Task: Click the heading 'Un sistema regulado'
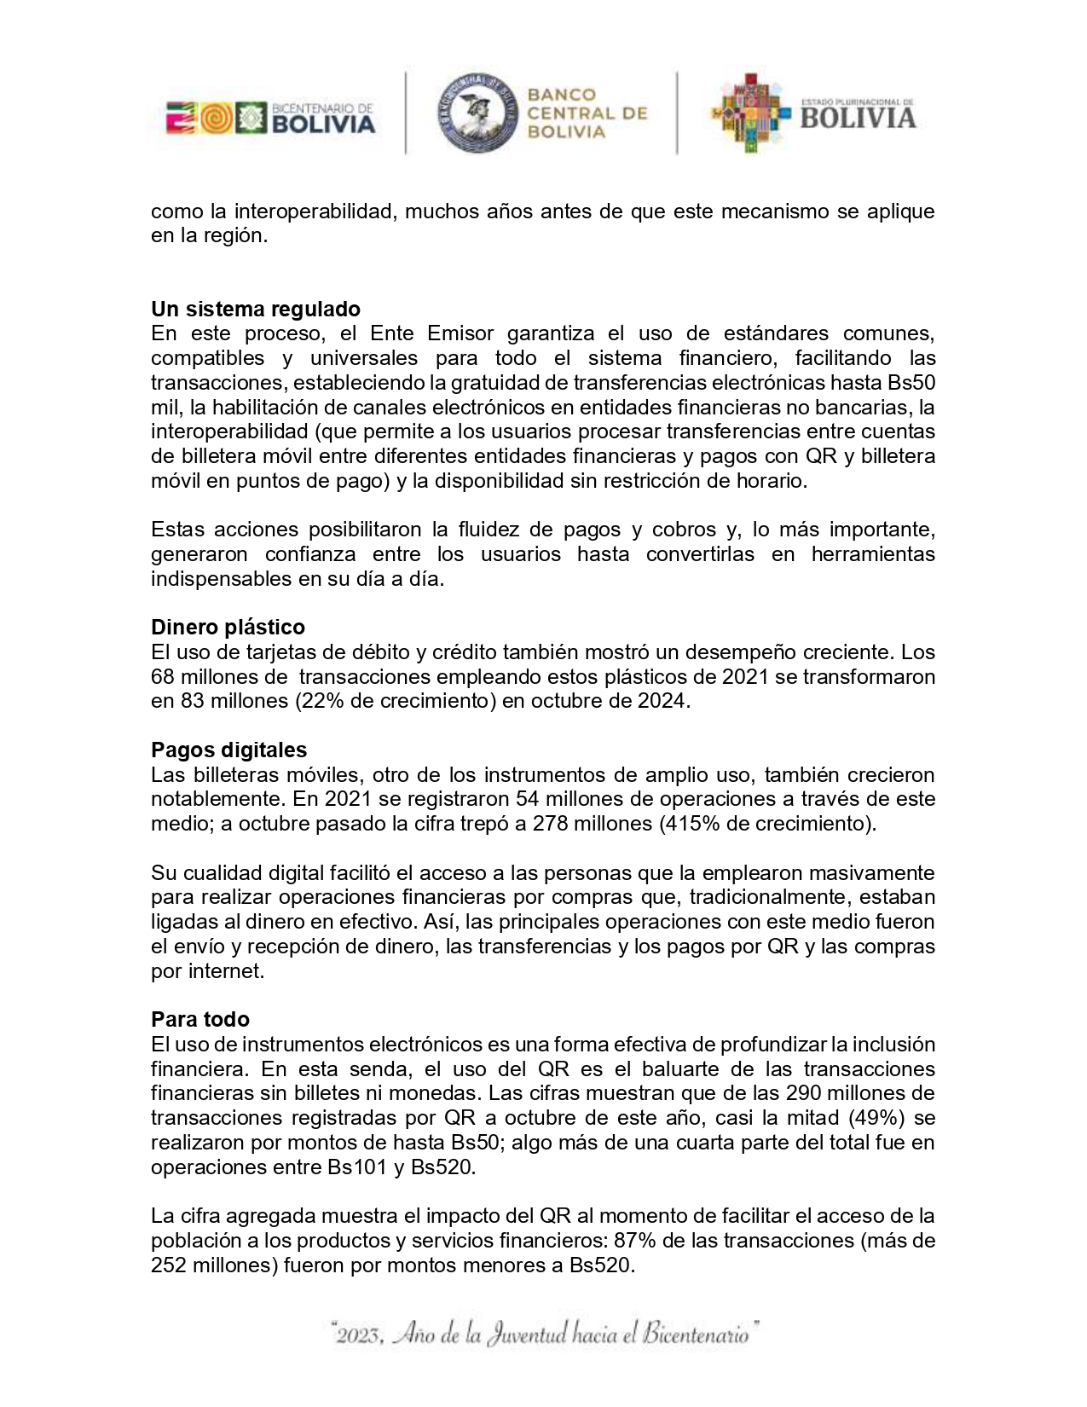click(x=256, y=308)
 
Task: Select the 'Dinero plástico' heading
click(x=228, y=627)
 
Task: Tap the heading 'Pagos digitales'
click(x=228, y=750)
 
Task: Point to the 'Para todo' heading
click(x=200, y=1019)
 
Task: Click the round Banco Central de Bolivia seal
click(x=477, y=113)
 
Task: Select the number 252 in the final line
click(x=169, y=1265)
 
